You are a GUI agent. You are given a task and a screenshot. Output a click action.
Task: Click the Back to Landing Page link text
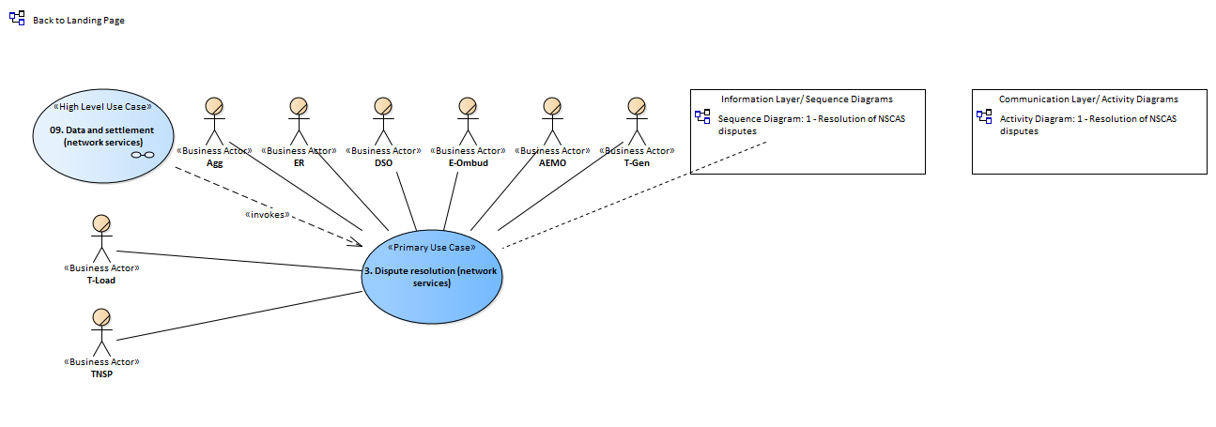pos(79,20)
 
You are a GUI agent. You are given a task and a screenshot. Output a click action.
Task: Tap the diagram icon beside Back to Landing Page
pos(17,18)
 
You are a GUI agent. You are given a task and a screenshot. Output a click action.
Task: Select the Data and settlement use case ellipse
pos(103,136)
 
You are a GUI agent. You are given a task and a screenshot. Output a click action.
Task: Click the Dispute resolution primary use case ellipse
pos(432,277)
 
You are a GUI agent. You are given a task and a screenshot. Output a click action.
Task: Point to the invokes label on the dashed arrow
pos(267,214)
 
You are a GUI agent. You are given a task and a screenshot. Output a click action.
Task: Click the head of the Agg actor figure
pos(214,106)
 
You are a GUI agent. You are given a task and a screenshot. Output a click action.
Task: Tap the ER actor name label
pos(300,162)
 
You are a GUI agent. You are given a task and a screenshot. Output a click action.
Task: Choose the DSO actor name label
pos(383,162)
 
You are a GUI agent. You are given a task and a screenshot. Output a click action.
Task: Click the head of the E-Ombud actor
pos(468,106)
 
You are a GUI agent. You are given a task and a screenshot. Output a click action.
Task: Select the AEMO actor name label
pos(553,162)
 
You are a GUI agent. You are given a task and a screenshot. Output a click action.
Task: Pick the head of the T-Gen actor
pos(637,106)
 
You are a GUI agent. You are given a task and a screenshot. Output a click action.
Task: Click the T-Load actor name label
pos(101,280)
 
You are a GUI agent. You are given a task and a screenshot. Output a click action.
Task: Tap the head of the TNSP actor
pos(101,317)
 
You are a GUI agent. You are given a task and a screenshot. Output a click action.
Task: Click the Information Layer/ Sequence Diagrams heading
pos(807,99)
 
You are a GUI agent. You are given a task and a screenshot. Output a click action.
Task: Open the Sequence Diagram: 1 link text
pos(811,125)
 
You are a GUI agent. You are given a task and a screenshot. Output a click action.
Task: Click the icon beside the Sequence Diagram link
pos(702,116)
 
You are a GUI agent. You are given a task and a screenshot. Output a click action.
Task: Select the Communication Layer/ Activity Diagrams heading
pos(1088,99)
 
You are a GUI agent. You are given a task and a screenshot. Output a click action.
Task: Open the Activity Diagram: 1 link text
pos(1088,125)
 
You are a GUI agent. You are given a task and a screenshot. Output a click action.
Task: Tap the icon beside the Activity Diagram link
pos(984,116)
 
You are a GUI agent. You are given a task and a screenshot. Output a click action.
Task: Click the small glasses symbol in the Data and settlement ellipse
pos(143,155)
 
